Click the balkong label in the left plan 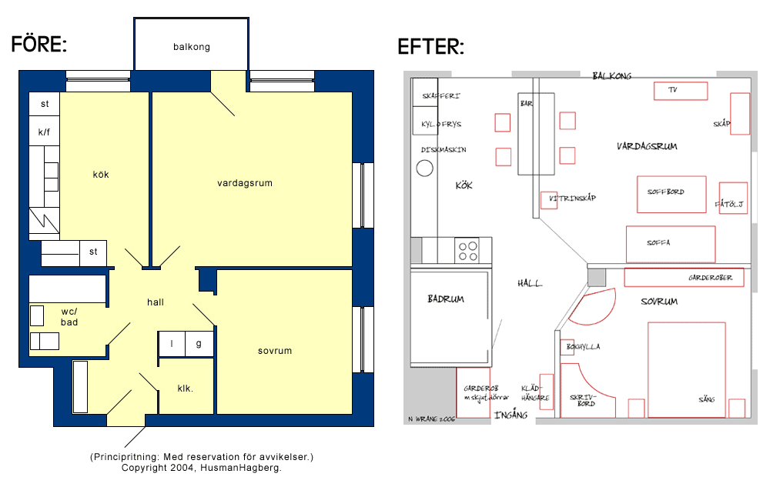click(192, 47)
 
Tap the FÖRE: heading click(38, 44)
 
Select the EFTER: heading click(430, 47)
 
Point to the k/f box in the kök click(44, 131)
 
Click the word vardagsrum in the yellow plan click(245, 183)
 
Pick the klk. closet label click(185, 389)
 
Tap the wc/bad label click(69, 317)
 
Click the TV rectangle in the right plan click(681, 91)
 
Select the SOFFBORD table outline click(671, 195)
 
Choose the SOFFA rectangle click(671, 245)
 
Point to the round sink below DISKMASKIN click(425, 168)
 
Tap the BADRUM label click(446, 299)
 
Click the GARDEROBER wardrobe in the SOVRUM click(684, 277)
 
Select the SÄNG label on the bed click(706, 399)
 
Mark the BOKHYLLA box click(567, 347)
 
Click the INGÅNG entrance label click(511, 415)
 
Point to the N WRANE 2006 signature click(432, 419)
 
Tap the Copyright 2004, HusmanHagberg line click(202, 468)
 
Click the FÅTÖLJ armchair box click(733, 198)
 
